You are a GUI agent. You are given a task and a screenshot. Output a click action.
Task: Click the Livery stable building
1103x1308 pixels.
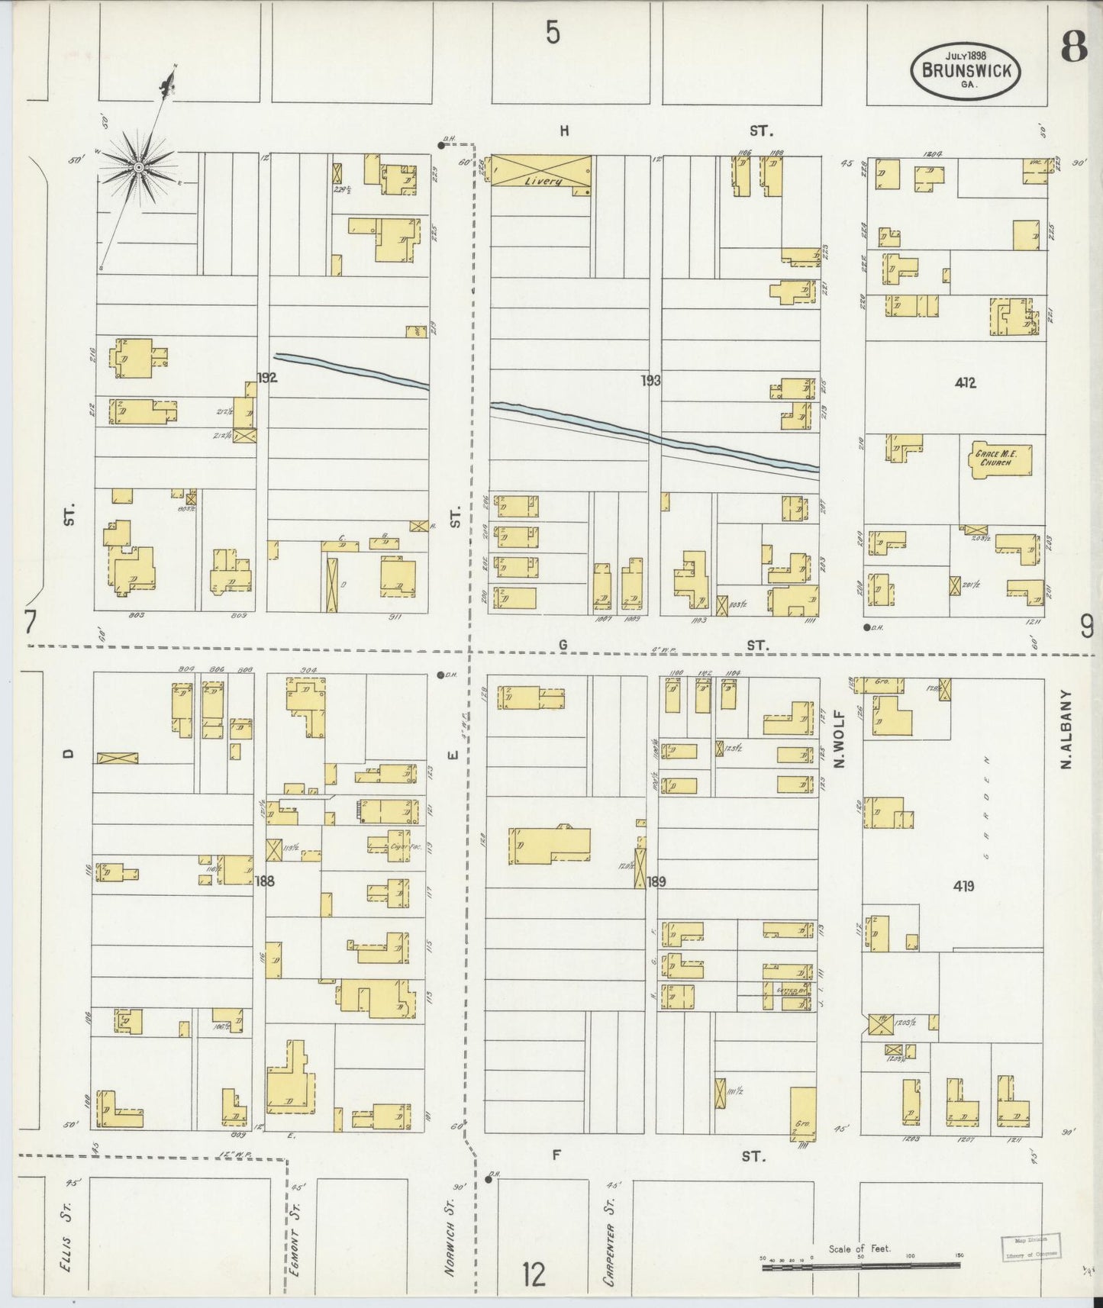tap(541, 171)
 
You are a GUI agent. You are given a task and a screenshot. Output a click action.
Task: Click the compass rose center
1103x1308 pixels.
tap(139, 166)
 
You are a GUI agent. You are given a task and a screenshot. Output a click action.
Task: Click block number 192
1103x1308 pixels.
tap(266, 377)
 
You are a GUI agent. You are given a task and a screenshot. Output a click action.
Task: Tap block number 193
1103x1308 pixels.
tap(650, 380)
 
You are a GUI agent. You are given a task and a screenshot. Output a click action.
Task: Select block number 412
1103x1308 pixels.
tap(965, 383)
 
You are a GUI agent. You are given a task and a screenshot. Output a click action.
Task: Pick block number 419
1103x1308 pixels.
tap(963, 886)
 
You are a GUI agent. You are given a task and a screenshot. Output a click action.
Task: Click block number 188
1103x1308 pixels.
tap(265, 881)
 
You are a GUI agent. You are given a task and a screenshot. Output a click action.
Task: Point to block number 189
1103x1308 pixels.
tap(656, 881)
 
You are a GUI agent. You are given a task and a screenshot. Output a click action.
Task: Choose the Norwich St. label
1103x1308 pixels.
tap(451, 1229)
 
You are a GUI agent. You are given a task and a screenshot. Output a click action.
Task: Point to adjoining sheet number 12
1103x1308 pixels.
tap(534, 1274)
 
